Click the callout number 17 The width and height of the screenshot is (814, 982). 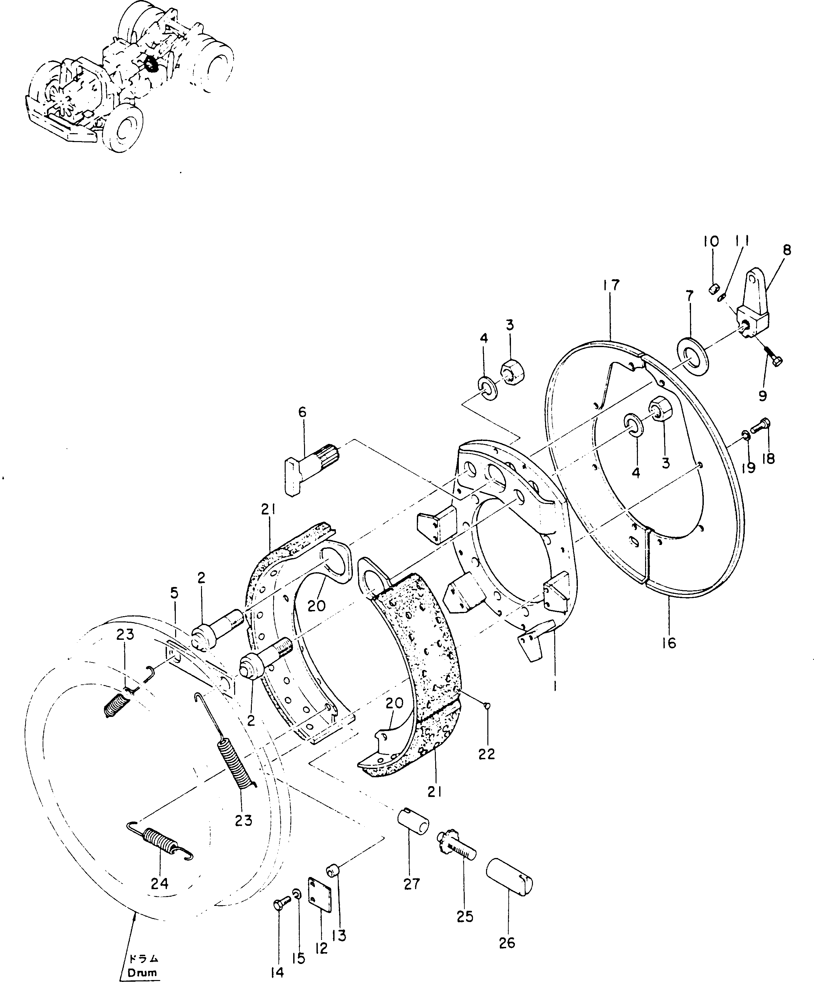click(x=611, y=285)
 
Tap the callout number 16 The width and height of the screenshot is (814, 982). click(x=669, y=643)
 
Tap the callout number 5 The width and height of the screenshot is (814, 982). click(x=174, y=594)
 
